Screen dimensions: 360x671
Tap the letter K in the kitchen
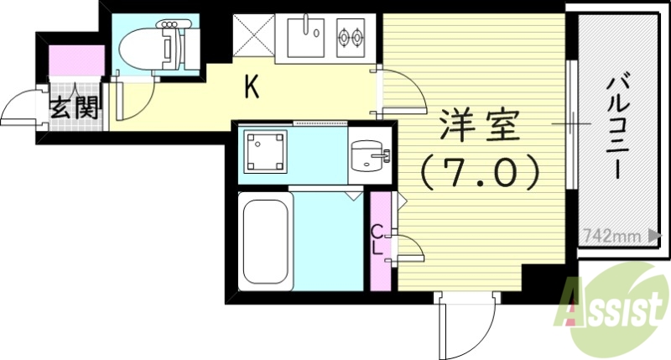[x=251, y=86]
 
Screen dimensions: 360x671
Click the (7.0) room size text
[x=478, y=172]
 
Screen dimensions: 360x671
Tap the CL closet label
[x=378, y=238]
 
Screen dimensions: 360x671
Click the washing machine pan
[x=265, y=154]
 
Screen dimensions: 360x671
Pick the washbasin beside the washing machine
[x=370, y=155]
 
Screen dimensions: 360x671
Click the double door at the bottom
[x=466, y=323]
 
